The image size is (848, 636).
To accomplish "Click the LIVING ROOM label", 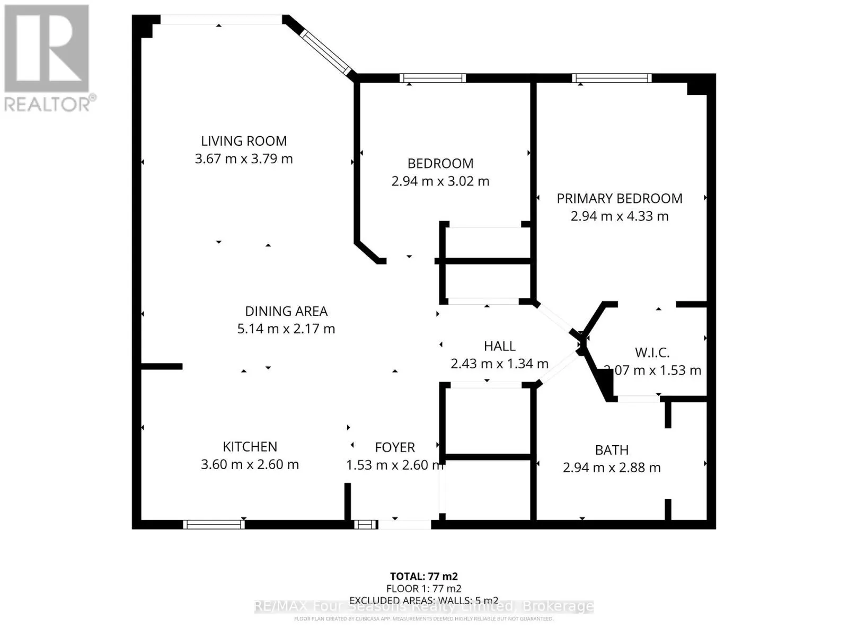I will pos(244,141).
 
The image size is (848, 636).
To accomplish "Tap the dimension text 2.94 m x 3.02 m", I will pos(440,181).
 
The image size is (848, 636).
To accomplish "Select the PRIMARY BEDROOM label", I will pos(619,199).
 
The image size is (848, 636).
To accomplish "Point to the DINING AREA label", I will pos(286,311).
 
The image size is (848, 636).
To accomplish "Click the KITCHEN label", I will pos(250,447).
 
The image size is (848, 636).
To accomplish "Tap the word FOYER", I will pos(395,447).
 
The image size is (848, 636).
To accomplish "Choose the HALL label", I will pos(499,347).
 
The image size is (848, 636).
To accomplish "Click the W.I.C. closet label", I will pos(652,352).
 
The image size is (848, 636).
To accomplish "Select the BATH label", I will pos(612,450).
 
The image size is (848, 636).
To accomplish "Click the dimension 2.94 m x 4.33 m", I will pos(619,216).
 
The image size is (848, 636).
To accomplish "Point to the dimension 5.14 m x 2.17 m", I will pos(286,329).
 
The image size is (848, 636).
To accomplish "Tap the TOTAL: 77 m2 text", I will pos(423,576).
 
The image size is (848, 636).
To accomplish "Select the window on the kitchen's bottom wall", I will pos(214,524).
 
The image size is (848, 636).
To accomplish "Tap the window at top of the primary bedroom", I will pos(612,78).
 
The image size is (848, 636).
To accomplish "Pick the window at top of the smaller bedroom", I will pos(432,78).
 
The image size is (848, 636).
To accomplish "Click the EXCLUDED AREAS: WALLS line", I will pos(423,600).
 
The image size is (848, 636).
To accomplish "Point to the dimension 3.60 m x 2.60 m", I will pos(250,464).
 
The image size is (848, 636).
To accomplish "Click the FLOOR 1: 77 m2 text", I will pos(423,588).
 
